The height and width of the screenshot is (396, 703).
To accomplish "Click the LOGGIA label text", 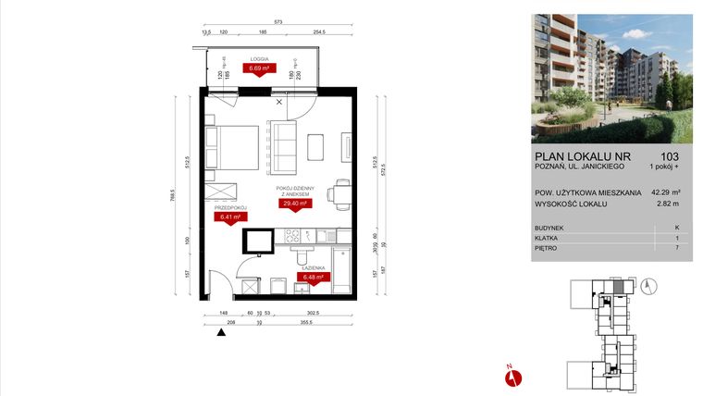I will (257, 58).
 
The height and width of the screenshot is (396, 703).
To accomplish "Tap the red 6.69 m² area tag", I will (257, 68).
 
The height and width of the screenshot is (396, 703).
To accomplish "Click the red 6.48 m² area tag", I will (309, 276).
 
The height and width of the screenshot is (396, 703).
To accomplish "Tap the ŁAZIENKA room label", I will (309, 266).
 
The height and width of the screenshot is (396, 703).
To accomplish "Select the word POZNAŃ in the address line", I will (549, 167).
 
